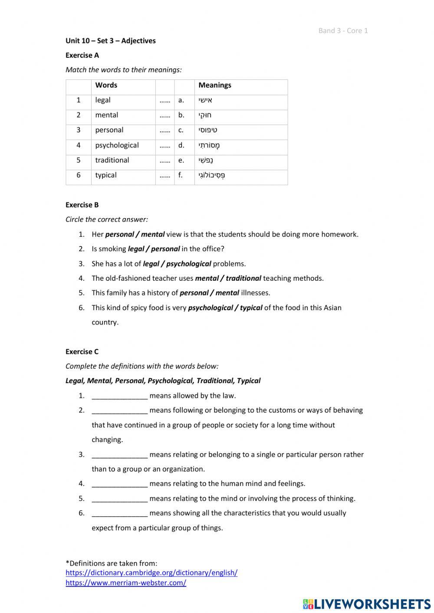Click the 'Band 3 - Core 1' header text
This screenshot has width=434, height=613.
point(343,30)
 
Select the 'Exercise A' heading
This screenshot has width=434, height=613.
point(82,55)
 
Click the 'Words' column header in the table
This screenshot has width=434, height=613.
point(106,85)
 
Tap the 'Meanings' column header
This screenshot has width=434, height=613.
point(214,85)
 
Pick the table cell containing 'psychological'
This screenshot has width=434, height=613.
point(117,145)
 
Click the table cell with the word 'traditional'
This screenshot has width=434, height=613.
point(112,160)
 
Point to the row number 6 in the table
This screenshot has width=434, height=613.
point(79,175)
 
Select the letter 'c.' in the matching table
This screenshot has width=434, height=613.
point(181,130)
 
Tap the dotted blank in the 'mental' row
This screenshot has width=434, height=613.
point(164,115)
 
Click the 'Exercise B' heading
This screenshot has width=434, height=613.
point(82,205)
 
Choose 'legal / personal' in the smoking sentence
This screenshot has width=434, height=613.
point(154,249)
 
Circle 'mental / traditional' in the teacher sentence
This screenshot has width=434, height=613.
point(228,278)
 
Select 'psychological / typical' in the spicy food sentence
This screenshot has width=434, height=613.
point(225,308)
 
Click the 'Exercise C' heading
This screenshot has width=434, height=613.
point(82,351)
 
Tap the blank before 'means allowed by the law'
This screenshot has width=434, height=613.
point(119,396)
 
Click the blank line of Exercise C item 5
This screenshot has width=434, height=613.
point(119,498)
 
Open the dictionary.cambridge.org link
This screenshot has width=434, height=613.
point(151,573)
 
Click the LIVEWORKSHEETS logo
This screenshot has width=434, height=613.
point(367,604)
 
